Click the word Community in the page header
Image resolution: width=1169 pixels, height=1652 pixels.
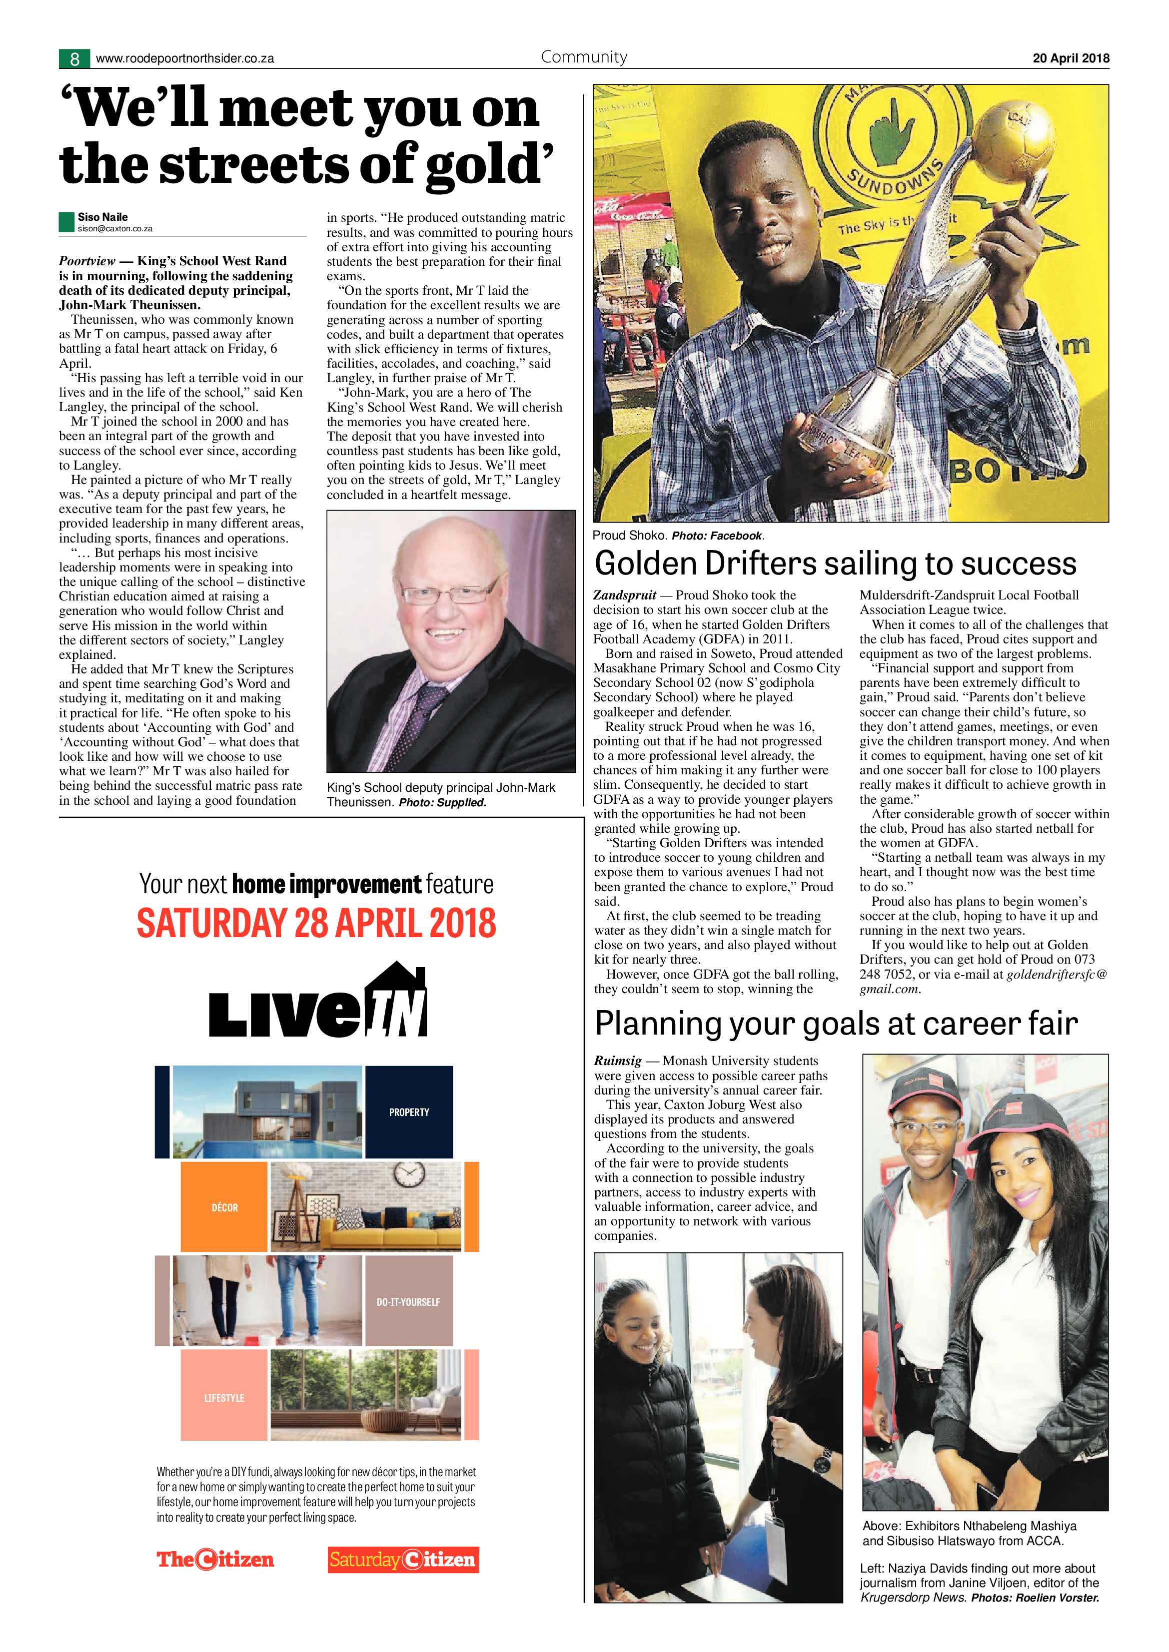click(x=584, y=57)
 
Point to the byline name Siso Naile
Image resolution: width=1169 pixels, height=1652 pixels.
click(x=103, y=217)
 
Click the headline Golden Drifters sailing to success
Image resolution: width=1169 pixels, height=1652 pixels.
click(x=835, y=563)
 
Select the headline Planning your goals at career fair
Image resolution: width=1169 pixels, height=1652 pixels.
click(x=836, y=1023)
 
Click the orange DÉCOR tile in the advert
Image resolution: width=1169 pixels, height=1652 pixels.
click(x=224, y=1207)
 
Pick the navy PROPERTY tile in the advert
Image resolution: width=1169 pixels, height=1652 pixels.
click(x=409, y=1111)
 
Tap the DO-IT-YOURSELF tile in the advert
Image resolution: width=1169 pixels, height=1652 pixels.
click(x=408, y=1302)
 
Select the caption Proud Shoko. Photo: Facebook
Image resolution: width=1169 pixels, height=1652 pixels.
click(x=678, y=536)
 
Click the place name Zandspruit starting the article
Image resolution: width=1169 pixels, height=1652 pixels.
click(x=624, y=595)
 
